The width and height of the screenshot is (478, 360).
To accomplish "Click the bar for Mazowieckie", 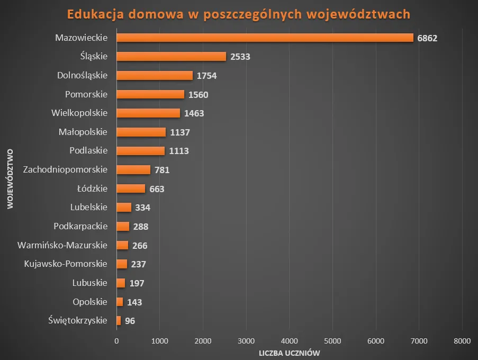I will pos(265,38).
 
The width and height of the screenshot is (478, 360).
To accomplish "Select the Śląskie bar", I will pos(171,57).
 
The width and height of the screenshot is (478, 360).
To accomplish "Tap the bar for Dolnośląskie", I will pos(155,76).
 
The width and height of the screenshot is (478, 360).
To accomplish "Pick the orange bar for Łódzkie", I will pos(131,188).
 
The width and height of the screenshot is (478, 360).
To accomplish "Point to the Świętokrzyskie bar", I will pos(119,320).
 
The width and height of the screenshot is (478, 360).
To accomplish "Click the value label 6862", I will pos(427,38).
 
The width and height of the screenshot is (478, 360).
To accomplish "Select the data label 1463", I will pos(194,113).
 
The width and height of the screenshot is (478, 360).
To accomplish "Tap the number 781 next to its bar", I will pos(162,170).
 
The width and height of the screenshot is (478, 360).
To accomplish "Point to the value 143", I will pos(134,302).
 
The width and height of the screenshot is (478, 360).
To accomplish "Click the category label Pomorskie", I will pos(86,94).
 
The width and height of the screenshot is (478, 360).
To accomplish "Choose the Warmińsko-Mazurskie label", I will pos(62,245).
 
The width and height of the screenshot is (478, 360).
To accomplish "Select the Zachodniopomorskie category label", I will pos(66,169).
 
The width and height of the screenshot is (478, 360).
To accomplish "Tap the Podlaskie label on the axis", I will pos(88,151).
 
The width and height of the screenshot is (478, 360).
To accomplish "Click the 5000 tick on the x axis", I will pos(332,341).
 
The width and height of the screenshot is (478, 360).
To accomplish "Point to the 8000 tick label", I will pos(462,341).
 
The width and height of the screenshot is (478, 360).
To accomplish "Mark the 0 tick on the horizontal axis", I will pos(116,341).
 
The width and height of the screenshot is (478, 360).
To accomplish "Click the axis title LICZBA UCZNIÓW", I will pos(289,353).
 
